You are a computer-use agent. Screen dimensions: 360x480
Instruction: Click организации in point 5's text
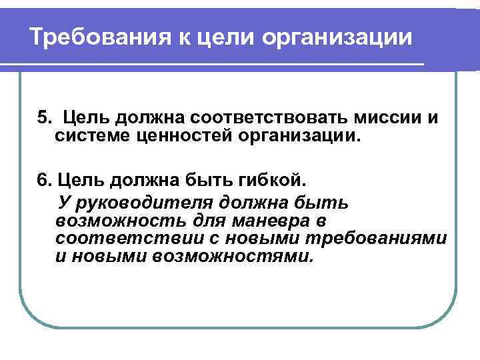(303, 138)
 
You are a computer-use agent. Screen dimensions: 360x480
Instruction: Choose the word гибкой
(273, 180)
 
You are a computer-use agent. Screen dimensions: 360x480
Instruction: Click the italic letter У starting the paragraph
(64, 202)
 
